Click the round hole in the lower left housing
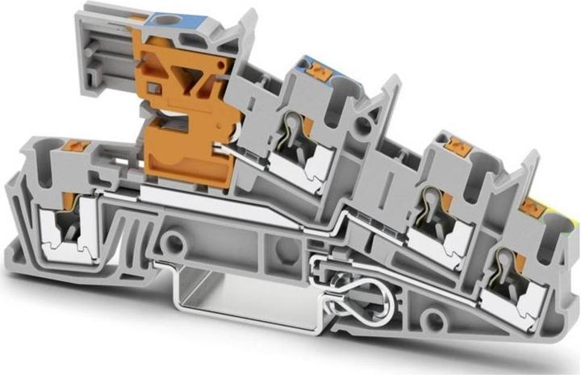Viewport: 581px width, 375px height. (173, 240)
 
